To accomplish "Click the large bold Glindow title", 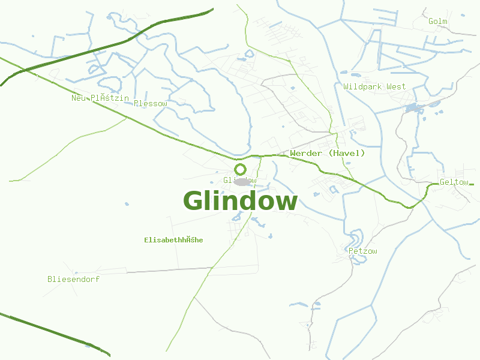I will (x=240, y=201).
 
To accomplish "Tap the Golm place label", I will (x=438, y=22).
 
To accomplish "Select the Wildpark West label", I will (x=374, y=87).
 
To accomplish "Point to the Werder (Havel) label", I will (x=327, y=154).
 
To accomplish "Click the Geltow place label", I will (x=454, y=182).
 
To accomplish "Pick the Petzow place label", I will (x=363, y=251).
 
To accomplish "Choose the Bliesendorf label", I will (x=73, y=279).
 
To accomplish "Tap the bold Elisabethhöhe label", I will (x=173, y=240).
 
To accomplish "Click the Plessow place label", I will (x=151, y=104).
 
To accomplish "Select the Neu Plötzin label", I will (x=100, y=98).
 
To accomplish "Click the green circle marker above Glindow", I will (x=241, y=169).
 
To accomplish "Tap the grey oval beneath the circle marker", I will (x=242, y=182).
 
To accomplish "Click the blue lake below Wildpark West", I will (x=412, y=109).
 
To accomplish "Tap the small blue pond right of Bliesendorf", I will (x=127, y=204).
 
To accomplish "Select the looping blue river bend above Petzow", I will (x=356, y=237).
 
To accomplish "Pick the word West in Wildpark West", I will (x=396, y=87).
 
